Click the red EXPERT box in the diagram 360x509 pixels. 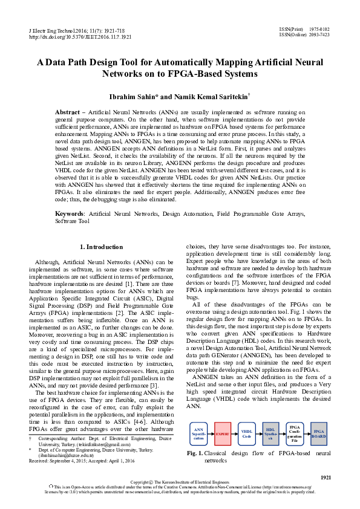[x=223, y=434]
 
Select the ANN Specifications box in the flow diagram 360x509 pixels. [x=199, y=434]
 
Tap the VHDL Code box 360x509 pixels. [x=246, y=434]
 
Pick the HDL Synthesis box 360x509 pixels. [x=270, y=434]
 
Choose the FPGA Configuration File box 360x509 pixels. [x=295, y=434]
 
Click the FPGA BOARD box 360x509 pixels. [x=318, y=434]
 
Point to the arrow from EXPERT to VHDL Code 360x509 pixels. [x=235, y=434]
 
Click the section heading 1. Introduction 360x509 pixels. [x=101, y=247]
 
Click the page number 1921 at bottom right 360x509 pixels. [x=326, y=478]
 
